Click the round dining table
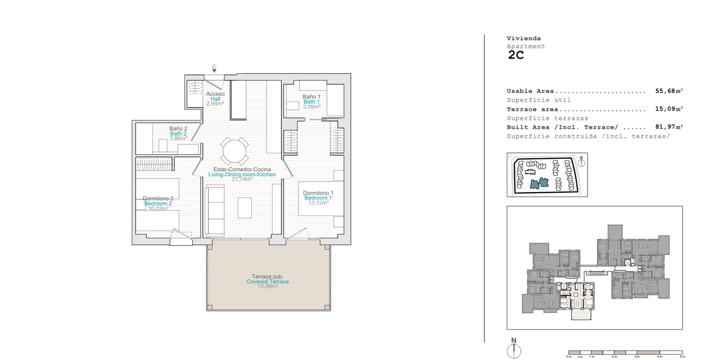pos(235,151)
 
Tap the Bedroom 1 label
pos(318,198)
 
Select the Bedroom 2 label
pos(158,204)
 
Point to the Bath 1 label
pos(311,102)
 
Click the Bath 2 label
pos(178,133)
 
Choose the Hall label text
pos(215,99)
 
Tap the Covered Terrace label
pos(268,282)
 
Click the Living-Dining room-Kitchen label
pos(242,174)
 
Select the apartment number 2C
pos(516,55)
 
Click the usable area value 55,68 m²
pos(669,91)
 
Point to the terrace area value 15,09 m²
pos(669,109)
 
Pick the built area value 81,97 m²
pos(669,127)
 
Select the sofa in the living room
pos(215,211)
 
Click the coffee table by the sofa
pos(245,208)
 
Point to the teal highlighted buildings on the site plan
pos(539,183)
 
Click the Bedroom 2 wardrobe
pos(154,163)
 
